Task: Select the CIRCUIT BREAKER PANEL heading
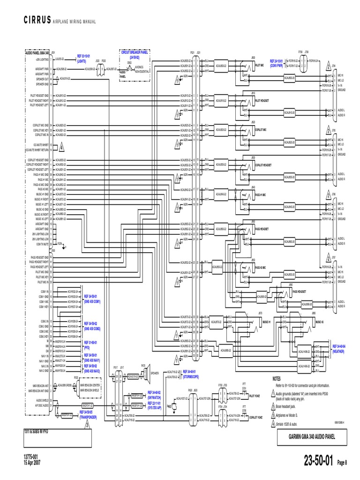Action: pos(135,54)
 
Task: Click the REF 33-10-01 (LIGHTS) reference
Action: pos(85,58)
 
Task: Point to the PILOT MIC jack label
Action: pos(260,66)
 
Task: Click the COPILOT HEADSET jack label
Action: pos(263,165)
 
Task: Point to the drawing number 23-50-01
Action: pos(319,462)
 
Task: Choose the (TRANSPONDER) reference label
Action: pos(88,416)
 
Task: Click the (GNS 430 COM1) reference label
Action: pos(92,302)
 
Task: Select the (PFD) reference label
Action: pos(87,348)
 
